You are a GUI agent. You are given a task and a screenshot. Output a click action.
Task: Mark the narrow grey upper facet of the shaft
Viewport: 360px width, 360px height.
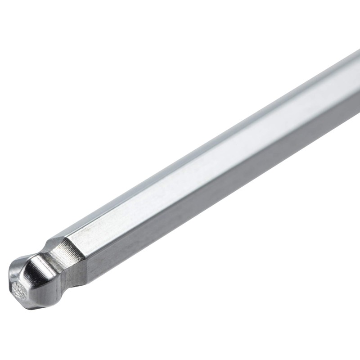pyautogui.click(x=202, y=144)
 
